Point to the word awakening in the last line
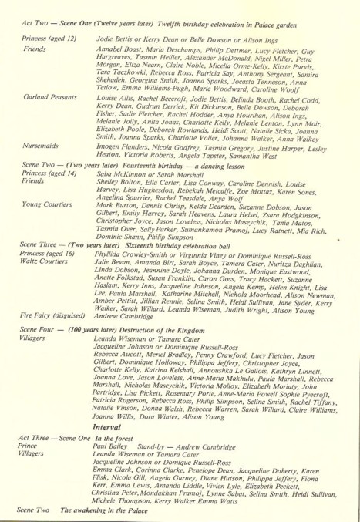click(99, 511)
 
